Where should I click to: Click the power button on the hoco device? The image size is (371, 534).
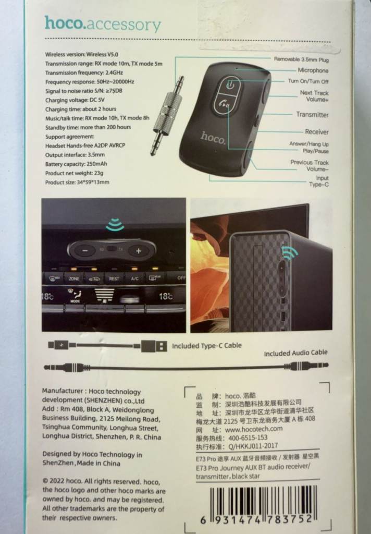pos(231,84)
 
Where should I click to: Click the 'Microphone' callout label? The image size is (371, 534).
pos(313,70)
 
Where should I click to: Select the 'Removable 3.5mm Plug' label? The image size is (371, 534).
pos(301,59)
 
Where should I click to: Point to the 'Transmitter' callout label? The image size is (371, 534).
pos(312,114)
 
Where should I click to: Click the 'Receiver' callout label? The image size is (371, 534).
pos(316,132)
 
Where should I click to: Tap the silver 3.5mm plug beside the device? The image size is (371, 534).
pos(167,116)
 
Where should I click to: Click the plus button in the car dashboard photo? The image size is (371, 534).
pos(138,251)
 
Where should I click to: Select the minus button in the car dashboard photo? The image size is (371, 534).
pos(85,251)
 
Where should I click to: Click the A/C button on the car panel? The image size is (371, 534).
pos(135,278)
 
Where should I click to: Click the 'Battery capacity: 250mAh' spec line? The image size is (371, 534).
pos(76,164)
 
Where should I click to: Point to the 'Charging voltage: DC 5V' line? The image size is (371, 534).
pos(75,100)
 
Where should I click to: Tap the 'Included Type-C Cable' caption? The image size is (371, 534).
pos(206,346)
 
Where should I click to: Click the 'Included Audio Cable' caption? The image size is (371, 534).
pos(295,353)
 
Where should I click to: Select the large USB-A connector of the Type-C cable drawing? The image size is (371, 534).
pos(154,346)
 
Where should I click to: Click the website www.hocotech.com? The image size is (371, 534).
pos(254,429)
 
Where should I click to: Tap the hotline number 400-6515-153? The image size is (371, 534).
pos(248,438)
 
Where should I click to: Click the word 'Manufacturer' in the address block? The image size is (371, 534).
pos(63,391)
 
